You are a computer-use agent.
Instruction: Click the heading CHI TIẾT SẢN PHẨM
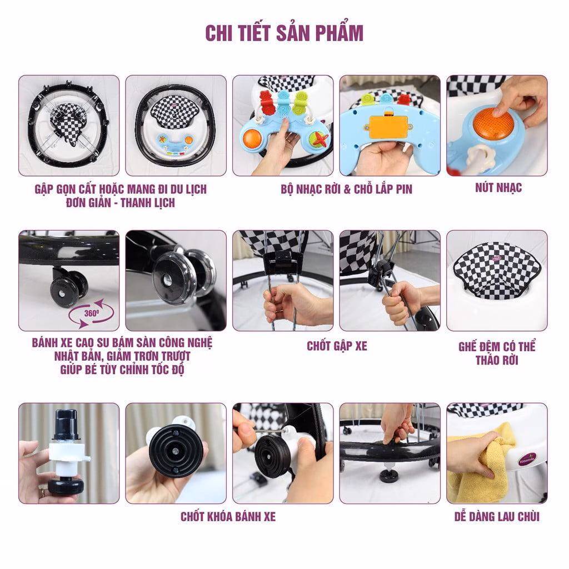coord(284,33)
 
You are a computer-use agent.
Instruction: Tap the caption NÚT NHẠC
coord(498,188)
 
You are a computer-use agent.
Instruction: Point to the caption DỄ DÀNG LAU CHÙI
coord(496,517)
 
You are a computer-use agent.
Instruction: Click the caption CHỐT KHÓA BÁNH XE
coord(228,517)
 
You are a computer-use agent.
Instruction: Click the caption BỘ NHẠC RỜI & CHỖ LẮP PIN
coord(346,189)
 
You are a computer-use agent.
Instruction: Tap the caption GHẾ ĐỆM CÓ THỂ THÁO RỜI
coord(497,353)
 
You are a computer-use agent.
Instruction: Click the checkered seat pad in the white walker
coord(496,276)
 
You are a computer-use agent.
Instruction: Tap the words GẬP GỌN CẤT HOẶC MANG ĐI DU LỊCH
coord(120,189)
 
